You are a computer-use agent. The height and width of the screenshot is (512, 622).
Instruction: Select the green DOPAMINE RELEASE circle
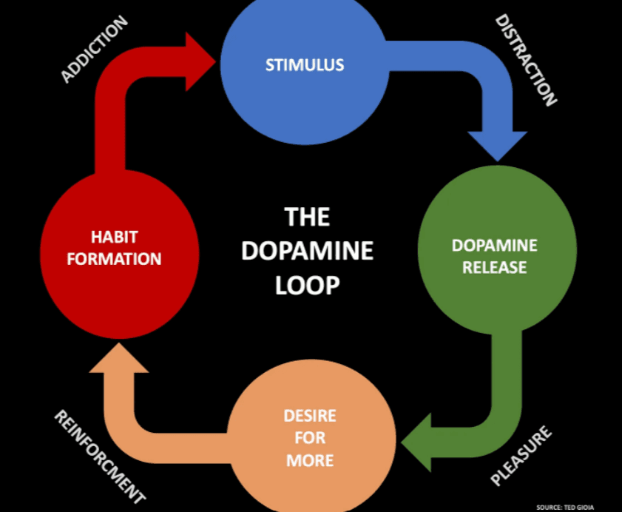[496, 255]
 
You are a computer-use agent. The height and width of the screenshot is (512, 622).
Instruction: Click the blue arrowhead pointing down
[498, 144]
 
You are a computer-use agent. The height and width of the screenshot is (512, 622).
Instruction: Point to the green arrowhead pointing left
[422, 442]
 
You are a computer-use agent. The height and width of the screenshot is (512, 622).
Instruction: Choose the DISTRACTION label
[525, 59]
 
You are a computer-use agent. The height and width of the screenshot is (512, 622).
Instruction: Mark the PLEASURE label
[521, 456]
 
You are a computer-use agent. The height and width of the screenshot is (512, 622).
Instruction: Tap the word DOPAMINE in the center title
[307, 251]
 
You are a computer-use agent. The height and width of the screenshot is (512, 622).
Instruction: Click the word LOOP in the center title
[307, 285]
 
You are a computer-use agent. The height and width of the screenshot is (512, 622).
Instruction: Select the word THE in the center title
[307, 217]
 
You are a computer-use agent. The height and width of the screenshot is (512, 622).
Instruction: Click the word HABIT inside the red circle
[114, 238]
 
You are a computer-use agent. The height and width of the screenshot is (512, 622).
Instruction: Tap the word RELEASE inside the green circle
[495, 267]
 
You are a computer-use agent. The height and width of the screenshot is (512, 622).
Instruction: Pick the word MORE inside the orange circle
[309, 460]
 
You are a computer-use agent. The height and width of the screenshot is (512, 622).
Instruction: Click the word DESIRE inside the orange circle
[309, 415]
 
